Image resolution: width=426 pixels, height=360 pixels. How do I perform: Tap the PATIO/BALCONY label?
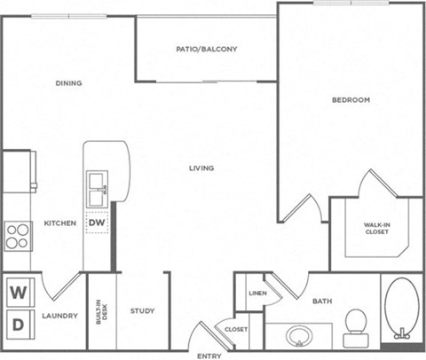pyautogui.click(x=207, y=50)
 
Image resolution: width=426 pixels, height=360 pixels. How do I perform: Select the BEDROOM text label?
pyautogui.click(x=351, y=100)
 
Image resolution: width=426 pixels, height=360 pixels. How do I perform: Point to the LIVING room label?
pyautogui.click(x=203, y=168)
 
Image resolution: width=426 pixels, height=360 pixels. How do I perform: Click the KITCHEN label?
pyautogui.click(x=59, y=223)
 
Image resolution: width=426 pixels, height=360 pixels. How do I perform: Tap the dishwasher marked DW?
pyautogui.click(x=97, y=223)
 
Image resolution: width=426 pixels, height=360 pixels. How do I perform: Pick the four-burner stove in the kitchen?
pyautogui.click(x=19, y=236)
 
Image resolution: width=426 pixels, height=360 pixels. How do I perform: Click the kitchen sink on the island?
pyautogui.click(x=98, y=185)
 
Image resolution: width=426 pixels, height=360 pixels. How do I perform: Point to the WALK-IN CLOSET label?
pyautogui.click(x=375, y=228)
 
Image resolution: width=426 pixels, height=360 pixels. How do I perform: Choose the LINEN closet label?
pyautogui.click(x=257, y=293)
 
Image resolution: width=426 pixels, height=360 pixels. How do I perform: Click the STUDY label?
pyautogui.click(x=142, y=311)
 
